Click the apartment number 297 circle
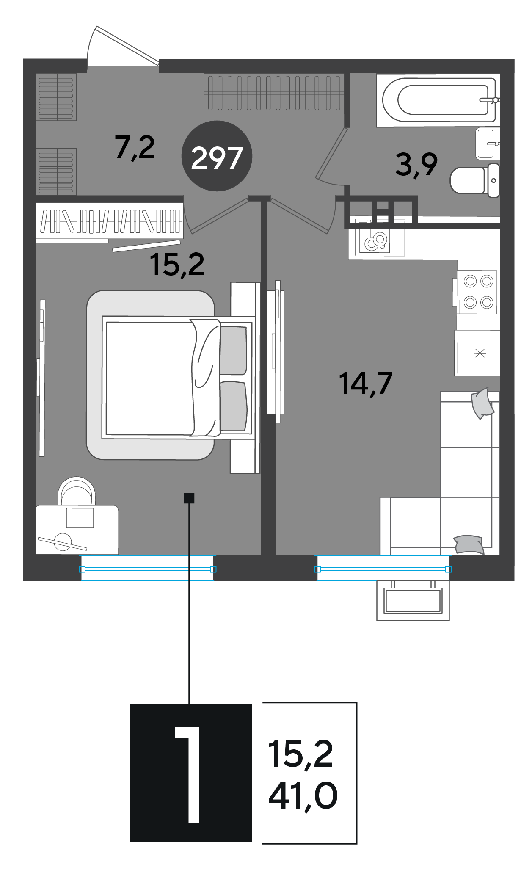coord(217,156)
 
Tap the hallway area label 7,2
coord(135,148)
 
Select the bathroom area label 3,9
coord(416,165)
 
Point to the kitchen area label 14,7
coord(366,384)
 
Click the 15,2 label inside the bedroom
coord(177,265)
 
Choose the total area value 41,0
coord(303,796)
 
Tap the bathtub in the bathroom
coord(438,100)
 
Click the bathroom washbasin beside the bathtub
coord(488,144)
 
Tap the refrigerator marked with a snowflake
coord(477,353)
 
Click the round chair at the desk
coord(77,491)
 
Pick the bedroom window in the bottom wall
coord(147,569)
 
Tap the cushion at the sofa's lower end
coord(469,544)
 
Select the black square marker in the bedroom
coord(189,498)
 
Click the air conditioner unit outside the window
coord(413,600)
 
